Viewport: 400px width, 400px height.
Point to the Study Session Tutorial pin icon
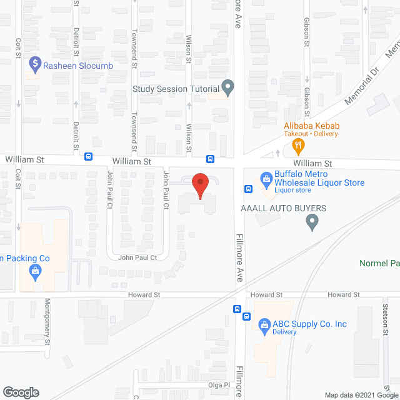(228, 88)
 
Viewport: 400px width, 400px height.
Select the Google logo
(21, 392)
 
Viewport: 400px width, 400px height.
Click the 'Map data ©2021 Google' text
(360, 394)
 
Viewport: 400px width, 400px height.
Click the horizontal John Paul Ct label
(137, 257)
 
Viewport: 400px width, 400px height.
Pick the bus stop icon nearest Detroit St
(89, 157)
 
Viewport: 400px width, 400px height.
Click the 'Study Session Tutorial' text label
(177, 89)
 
